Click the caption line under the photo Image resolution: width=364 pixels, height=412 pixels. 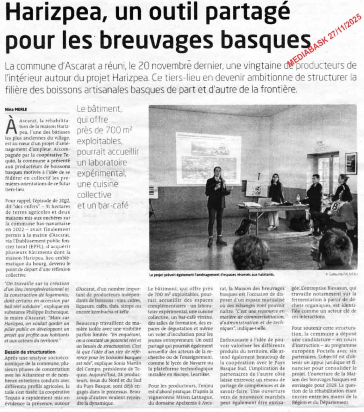211,274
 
